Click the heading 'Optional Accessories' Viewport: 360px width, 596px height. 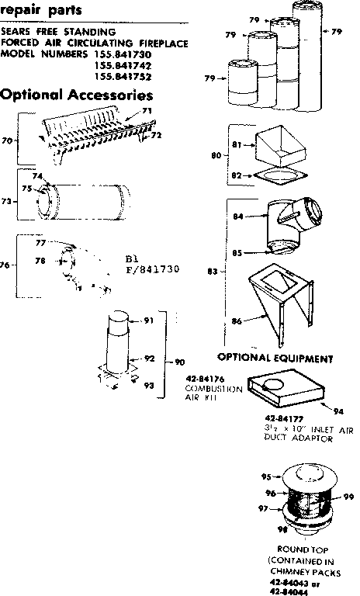coord(77,95)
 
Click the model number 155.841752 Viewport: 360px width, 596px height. coord(123,77)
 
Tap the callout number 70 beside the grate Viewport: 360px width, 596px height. coord(7,141)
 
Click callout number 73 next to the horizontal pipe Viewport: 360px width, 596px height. coord(7,200)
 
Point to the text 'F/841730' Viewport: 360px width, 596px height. coord(152,269)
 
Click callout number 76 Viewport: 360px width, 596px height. coord(7,265)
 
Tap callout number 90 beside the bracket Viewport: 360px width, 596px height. coord(180,362)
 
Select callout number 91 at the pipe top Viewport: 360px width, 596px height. coord(149,321)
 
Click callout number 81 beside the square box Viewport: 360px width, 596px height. coord(238,144)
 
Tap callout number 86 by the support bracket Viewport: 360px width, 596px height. coord(237,320)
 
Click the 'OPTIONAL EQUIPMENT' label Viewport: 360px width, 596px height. coord(275,359)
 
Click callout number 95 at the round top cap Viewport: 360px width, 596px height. coord(265,477)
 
